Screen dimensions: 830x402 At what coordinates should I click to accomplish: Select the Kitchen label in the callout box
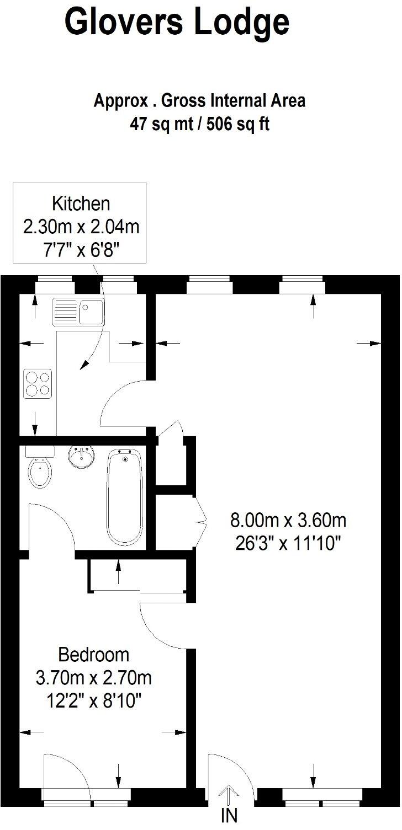(x=81, y=204)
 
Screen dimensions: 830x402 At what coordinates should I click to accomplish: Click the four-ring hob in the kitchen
(x=38, y=383)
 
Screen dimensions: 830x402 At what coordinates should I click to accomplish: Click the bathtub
(x=125, y=496)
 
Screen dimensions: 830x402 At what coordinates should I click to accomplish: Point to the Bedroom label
(x=94, y=655)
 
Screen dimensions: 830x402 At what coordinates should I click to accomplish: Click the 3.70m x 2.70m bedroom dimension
(x=93, y=677)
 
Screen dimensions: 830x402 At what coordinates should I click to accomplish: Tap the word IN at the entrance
(x=229, y=816)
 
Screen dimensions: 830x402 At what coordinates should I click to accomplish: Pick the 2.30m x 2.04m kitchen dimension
(x=81, y=227)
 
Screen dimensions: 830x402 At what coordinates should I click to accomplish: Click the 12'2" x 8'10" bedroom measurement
(x=93, y=701)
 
